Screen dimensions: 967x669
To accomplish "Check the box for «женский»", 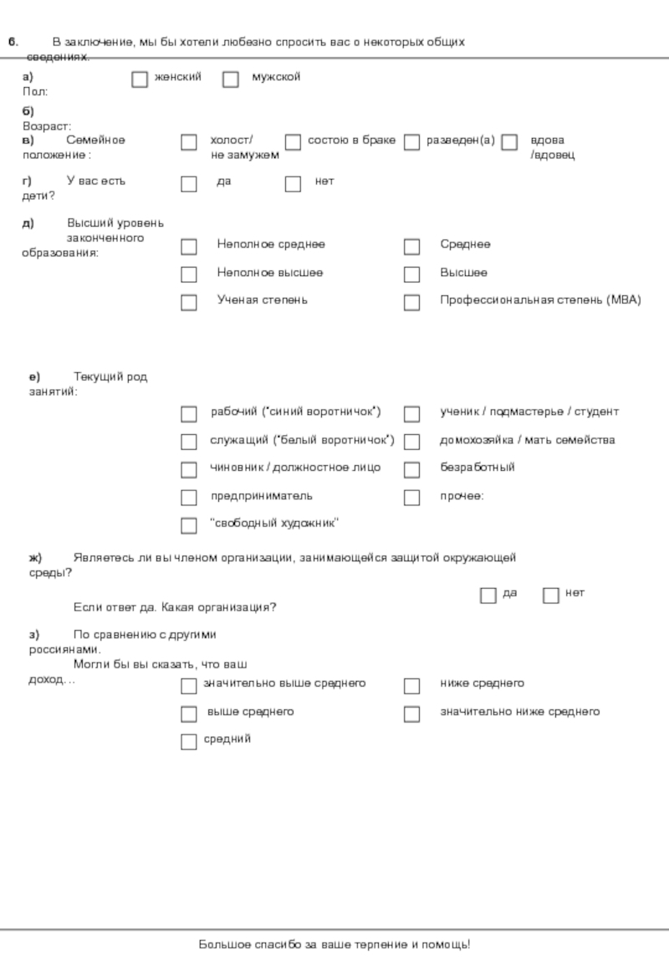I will coord(140,79).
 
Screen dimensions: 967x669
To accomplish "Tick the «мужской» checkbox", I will coord(231,79).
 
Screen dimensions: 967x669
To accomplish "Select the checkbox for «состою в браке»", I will coord(293,142).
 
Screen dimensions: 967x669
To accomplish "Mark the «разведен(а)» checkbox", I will coord(411,142).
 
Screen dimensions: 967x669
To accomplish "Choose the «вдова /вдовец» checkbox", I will coord(510,142).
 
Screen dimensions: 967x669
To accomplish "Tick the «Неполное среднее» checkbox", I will coord(189,247).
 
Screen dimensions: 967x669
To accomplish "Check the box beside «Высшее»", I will coord(411,274).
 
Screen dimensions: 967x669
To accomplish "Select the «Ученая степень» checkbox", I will coord(189,302).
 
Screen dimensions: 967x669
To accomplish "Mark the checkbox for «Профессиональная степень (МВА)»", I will coord(411,302).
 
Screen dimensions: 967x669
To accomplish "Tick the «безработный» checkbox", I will coord(411,469).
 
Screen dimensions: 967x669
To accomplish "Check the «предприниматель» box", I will coord(189,498).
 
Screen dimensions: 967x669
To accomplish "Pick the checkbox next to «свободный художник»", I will coord(189,525).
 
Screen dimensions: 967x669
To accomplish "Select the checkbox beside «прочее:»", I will coord(411,498).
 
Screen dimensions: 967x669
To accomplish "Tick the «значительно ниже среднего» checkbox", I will coord(411,714).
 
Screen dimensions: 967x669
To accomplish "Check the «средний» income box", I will coord(189,741).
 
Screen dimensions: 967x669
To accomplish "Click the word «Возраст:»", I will coord(47,125).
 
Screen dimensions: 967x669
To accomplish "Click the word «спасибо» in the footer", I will coord(272,945).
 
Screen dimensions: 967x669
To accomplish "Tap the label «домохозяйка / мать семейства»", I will coord(527,440).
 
